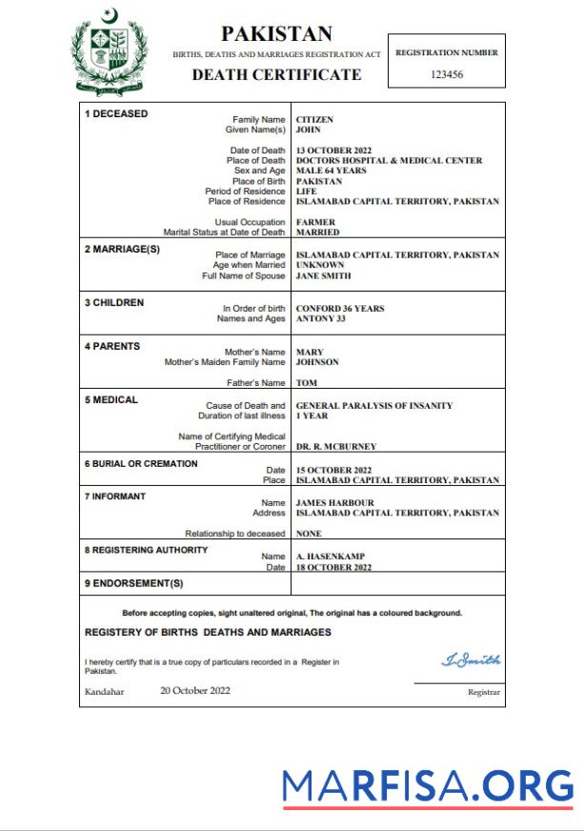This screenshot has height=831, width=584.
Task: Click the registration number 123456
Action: pyautogui.click(x=447, y=74)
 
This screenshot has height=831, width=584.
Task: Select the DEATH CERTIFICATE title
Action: pyautogui.click(x=276, y=74)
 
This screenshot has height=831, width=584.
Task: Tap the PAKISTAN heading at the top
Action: pyautogui.click(x=276, y=34)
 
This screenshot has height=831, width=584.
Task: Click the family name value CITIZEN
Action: pyautogui.click(x=314, y=120)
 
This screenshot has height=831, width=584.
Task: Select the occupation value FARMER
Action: pyautogui.click(x=315, y=222)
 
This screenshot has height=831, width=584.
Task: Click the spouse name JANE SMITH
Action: pyautogui.click(x=323, y=275)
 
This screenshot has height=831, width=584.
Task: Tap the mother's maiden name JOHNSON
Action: pyautogui.click(x=317, y=362)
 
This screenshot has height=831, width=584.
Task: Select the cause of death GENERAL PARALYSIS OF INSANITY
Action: pyautogui.click(x=374, y=406)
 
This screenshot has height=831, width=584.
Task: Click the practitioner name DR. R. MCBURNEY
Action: pyautogui.click(x=336, y=446)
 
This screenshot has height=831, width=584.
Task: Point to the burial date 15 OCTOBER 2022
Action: pyautogui.click(x=333, y=470)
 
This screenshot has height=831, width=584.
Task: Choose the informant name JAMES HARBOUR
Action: pyautogui.click(x=334, y=502)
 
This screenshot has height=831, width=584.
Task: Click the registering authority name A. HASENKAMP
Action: pyautogui.click(x=331, y=556)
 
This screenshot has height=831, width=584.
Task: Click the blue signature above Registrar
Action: pyautogui.click(x=471, y=660)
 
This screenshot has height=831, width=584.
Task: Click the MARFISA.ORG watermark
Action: pyautogui.click(x=428, y=786)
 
